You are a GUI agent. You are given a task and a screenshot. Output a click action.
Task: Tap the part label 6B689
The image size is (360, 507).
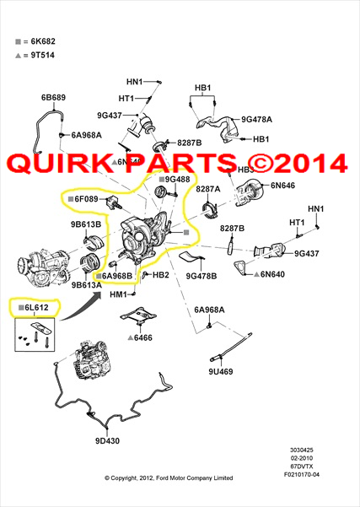point(53,98)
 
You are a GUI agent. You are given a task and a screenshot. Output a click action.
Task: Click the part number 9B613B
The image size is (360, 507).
point(86,224)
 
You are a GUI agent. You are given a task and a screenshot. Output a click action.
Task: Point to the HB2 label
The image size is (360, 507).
point(161,275)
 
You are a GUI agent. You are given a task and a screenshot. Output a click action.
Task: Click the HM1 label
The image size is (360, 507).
point(118,294)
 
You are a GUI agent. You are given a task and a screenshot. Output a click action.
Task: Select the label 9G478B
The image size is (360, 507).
point(201,275)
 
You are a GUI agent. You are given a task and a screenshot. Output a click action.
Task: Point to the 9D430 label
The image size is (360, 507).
point(107,440)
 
